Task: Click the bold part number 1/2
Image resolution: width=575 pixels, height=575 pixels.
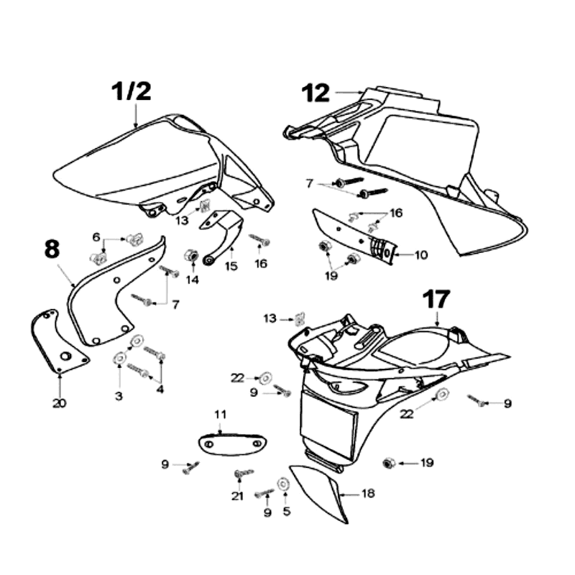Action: tap(132, 92)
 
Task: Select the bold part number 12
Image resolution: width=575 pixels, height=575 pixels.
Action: tap(316, 93)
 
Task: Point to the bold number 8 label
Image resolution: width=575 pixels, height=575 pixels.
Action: tap(52, 249)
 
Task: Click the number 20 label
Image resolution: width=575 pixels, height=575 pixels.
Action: tap(59, 402)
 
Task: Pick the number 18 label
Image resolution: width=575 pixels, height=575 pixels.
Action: tap(368, 494)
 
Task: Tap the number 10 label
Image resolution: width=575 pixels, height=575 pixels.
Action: tap(420, 254)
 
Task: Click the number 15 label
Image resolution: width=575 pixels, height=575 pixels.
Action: tap(231, 266)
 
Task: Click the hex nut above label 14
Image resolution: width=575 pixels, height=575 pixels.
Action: tap(192, 255)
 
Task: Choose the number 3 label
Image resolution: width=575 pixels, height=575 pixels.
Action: tap(119, 395)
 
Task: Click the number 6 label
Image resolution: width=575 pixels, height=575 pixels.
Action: tap(96, 237)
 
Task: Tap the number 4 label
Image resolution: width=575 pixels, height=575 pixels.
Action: tap(160, 390)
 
